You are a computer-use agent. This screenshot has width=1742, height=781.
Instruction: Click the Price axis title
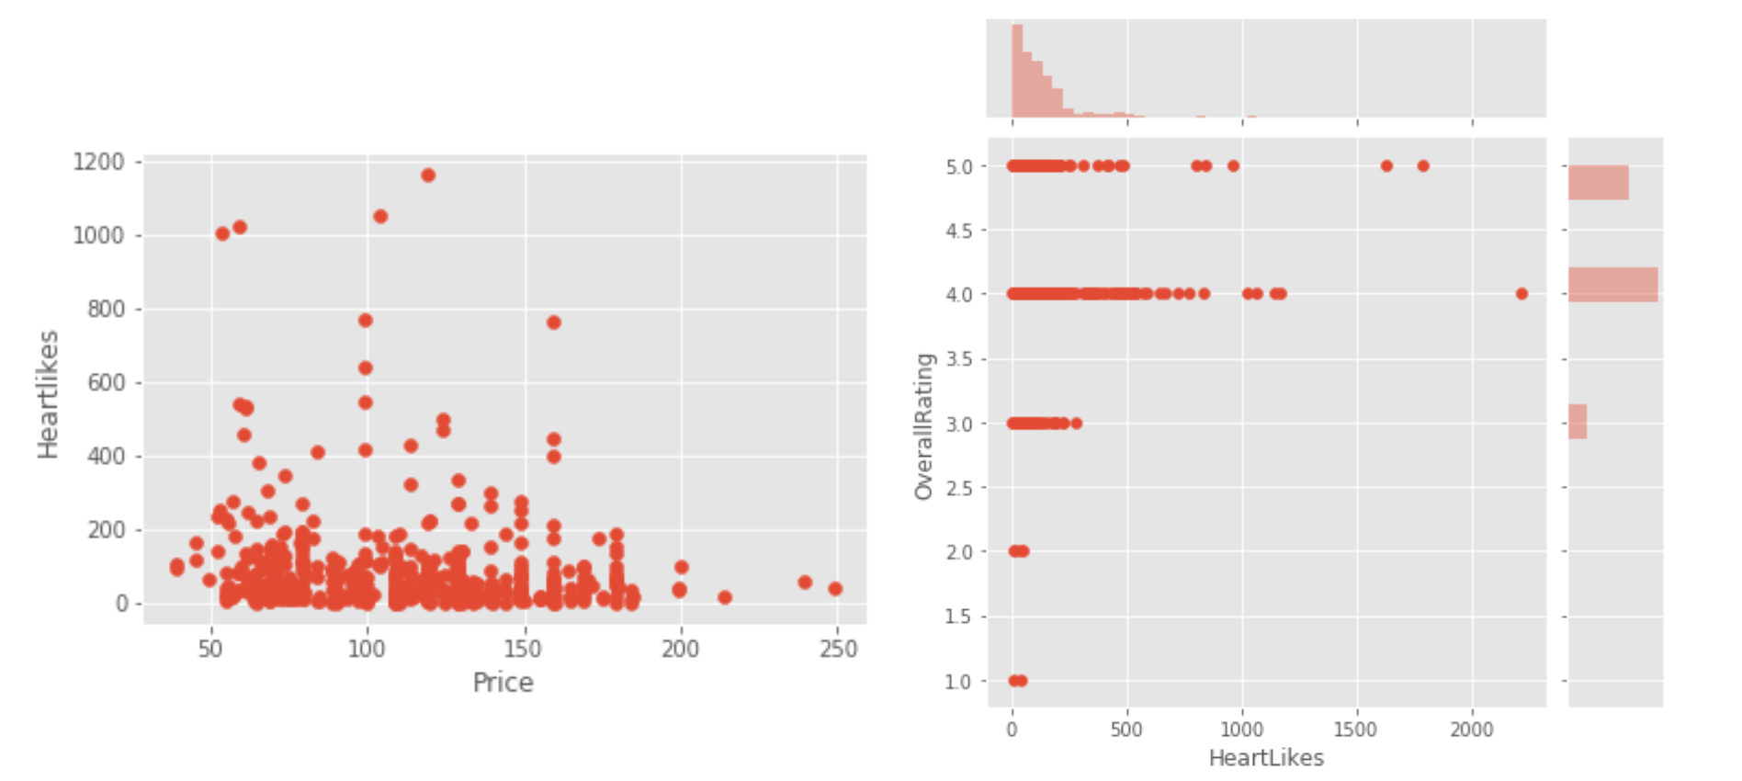click(x=503, y=682)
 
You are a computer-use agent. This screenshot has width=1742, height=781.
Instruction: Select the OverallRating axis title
click(x=923, y=425)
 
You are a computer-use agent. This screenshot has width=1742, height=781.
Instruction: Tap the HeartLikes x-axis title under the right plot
click(x=1266, y=757)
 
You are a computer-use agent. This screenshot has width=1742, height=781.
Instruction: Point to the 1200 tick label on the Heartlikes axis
click(x=98, y=162)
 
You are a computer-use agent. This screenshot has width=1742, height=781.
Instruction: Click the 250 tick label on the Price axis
click(x=837, y=649)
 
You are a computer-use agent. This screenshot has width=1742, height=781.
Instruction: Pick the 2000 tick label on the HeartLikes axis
click(x=1472, y=730)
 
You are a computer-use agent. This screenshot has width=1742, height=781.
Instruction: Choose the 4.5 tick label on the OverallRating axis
click(x=958, y=231)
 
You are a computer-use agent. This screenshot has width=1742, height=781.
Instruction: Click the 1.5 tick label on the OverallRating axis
click(x=958, y=617)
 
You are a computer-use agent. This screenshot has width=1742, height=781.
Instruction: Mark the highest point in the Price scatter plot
click(x=428, y=175)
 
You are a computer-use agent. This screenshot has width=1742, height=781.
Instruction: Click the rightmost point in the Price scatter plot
click(x=835, y=589)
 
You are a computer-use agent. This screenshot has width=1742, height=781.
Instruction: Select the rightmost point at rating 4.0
click(x=1521, y=294)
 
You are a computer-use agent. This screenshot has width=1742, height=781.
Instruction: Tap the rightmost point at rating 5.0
click(x=1423, y=166)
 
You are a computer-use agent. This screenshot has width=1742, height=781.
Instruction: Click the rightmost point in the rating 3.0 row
click(x=1077, y=424)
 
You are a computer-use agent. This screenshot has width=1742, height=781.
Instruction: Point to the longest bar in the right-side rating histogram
click(x=1612, y=285)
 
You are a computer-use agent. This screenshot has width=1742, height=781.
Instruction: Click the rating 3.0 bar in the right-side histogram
click(x=1578, y=422)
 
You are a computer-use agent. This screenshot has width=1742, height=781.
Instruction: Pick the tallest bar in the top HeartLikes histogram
click(x=1017, y=71)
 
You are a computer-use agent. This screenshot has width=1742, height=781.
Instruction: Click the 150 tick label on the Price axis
click(x=524, y=649)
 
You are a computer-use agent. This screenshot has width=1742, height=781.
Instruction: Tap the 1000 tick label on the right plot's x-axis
click(x=1242, y=730)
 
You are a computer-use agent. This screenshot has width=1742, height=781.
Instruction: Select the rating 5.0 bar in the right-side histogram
click(x=1598, y=183)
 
